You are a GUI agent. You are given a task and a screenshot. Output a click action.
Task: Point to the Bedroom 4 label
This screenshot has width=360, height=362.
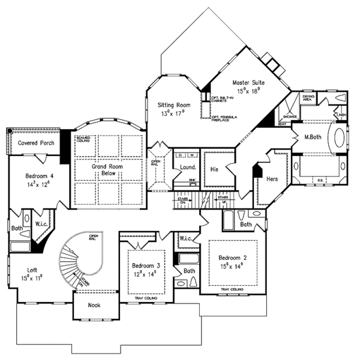[x=40, y=176]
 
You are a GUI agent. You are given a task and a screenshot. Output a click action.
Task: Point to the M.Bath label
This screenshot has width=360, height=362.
[x=314, y=137]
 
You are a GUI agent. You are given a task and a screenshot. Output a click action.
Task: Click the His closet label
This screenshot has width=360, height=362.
[x=214, y=170]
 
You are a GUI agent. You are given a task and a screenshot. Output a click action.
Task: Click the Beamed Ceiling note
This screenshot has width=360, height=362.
[x=83, y=139]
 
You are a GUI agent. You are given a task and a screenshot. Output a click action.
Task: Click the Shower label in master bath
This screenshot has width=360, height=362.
[x=290, y=116]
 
